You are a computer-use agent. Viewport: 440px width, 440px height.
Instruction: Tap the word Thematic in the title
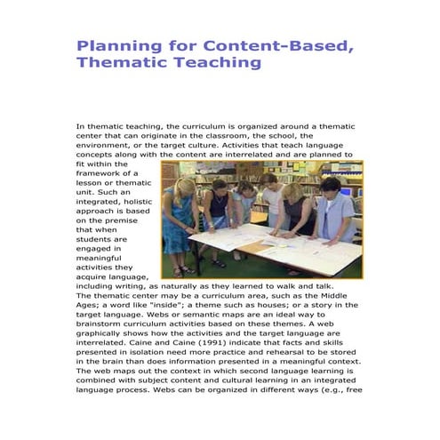point(116,63)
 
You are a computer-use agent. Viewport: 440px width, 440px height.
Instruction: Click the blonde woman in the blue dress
point(180,222)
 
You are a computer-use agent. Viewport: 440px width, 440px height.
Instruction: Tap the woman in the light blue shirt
point(337,213)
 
